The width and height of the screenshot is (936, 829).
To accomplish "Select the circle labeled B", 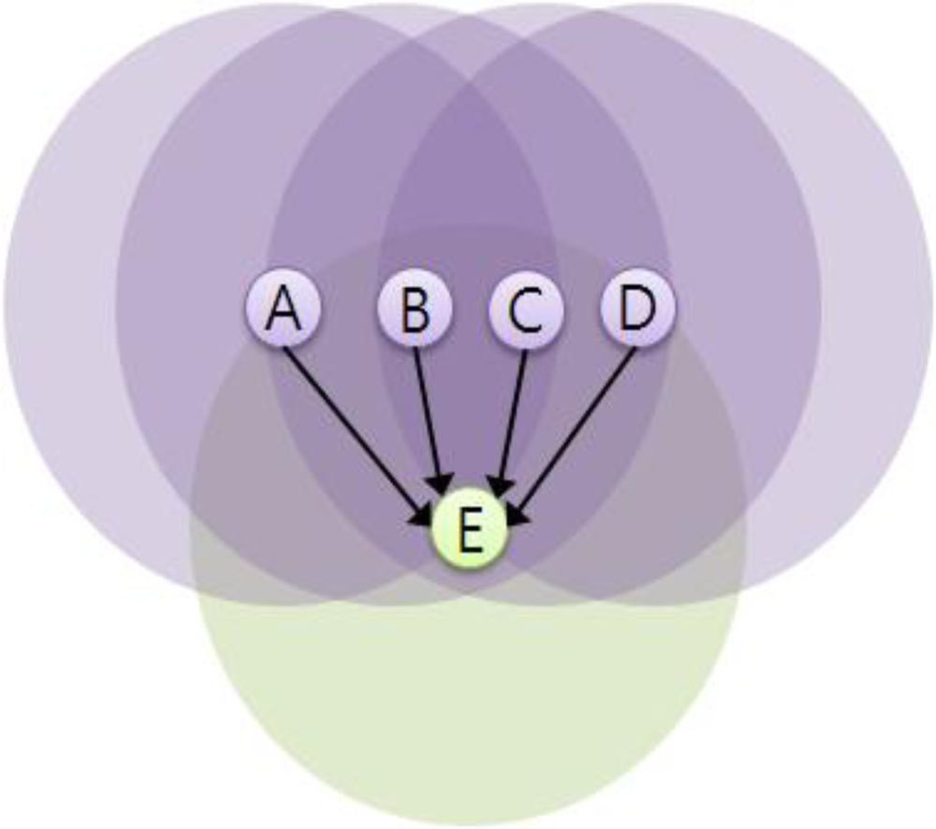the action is click(414, 308).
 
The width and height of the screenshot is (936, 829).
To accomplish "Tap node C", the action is click(525, 310).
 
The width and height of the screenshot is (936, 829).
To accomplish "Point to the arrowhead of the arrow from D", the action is click(518, 516).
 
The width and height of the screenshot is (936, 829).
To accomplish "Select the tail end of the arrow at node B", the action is click(416, 348).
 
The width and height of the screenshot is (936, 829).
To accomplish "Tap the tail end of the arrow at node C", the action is click(526, 349).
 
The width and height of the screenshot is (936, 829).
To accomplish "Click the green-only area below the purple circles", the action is click(468, 711).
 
